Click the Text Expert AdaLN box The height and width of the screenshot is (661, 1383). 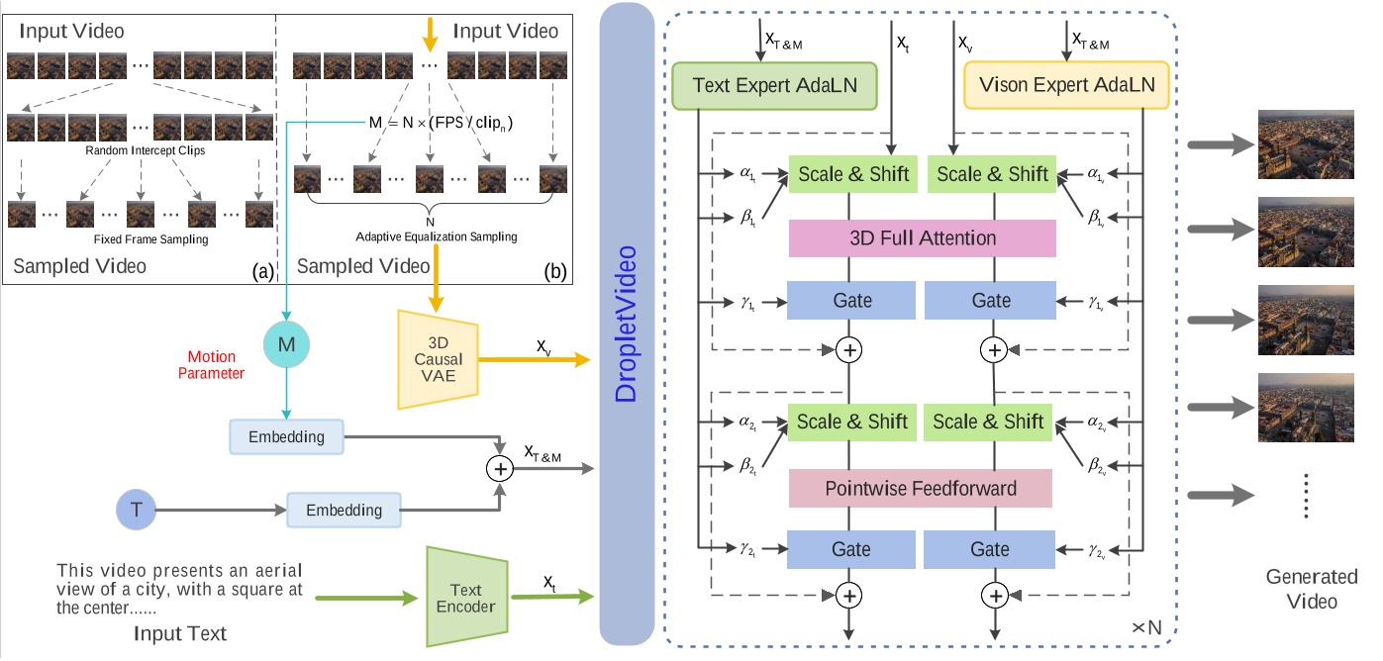pos(774,86)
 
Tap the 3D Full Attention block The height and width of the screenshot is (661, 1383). pos(922,238)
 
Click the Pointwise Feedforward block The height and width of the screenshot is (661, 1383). pos(922,489)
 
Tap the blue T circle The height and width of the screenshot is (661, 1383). pos(135,510)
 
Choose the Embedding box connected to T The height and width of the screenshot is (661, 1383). pos(344,510)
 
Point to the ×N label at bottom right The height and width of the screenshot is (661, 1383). pos(1152,627)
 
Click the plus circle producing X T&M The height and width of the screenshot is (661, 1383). pos(502,468)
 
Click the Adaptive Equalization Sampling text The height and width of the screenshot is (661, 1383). pos(429,237)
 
